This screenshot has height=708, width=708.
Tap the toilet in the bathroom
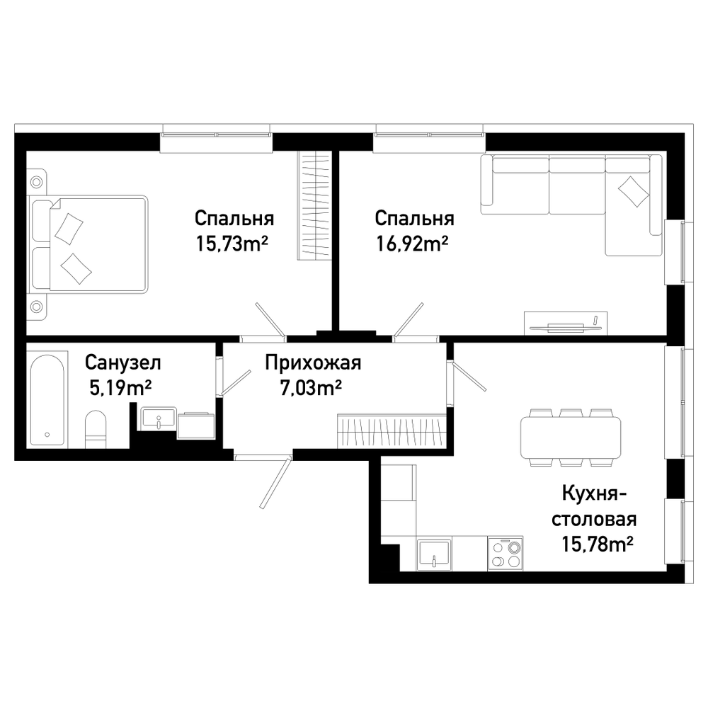click(96, 430)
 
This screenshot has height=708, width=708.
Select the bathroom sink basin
click(159, 418)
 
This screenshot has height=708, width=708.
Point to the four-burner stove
click(506, 553)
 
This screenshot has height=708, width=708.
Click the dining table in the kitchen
click(570, 438)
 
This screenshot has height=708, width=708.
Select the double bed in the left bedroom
click(88, 244)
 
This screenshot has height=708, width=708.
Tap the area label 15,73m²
click(232, 244)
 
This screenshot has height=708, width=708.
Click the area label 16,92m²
click(412, 244)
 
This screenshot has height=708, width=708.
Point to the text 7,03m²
click(311, 387)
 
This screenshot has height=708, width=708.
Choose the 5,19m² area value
click(120, 387)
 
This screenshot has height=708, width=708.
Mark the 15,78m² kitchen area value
click(597, 544)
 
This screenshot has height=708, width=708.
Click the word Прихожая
click(313, 363)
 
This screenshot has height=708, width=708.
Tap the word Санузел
click(122, 362)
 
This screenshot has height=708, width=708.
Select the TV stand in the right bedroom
click(565, 324)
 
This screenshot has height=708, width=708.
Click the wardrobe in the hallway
click(392, 430)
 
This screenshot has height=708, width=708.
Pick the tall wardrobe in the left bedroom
click(314, 205)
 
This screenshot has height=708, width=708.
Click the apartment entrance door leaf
click(275, 483)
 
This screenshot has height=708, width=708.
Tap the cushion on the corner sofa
click(633, 191)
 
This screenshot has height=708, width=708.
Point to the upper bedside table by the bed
click(36, 181)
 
